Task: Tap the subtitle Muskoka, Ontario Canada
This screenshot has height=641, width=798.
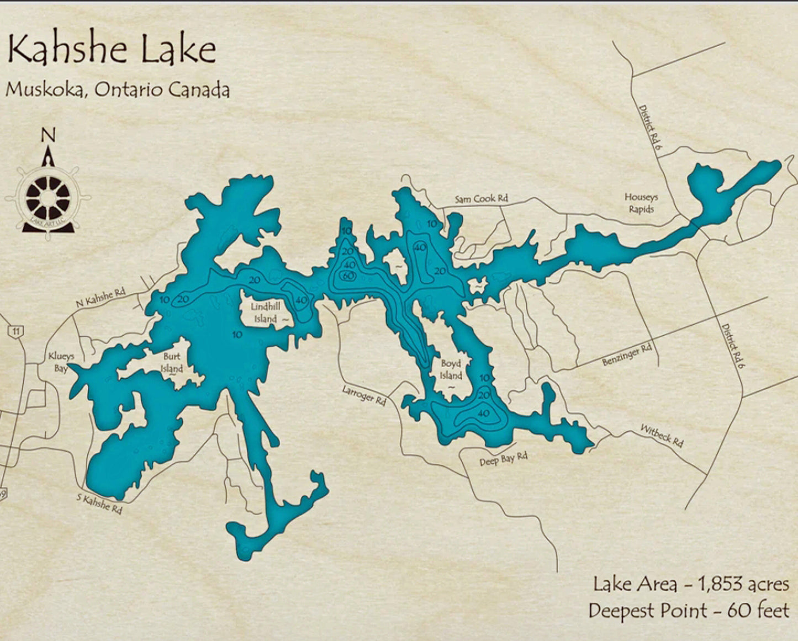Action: (x=117, y=89)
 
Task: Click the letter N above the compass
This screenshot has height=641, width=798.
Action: (x=49, y=135)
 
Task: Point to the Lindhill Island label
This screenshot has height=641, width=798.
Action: (x=266, y=312)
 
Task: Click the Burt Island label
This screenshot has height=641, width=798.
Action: (x=172, y=363)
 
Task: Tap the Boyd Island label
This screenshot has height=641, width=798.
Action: (x=451, y=370)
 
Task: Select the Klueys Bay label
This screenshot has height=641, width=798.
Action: (x=61, y=362)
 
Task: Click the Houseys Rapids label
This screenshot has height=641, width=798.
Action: (x=641, y=203)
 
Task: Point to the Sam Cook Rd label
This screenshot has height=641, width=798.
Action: (x=481, y=199)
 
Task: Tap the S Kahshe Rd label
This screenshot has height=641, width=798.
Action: (x=99, y=503)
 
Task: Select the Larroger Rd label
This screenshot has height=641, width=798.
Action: (x=363, y=395)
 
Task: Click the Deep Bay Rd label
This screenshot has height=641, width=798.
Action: (x=503, y=459)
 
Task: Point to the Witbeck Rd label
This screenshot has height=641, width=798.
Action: (x=662, y=436)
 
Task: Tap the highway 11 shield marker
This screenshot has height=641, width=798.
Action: (x=19, y=331)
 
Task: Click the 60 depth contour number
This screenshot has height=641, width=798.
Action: (x=348, y=276)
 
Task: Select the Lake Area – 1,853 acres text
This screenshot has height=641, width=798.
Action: (x=691, y=584)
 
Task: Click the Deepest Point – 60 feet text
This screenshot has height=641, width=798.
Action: (x=688, y=611)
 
